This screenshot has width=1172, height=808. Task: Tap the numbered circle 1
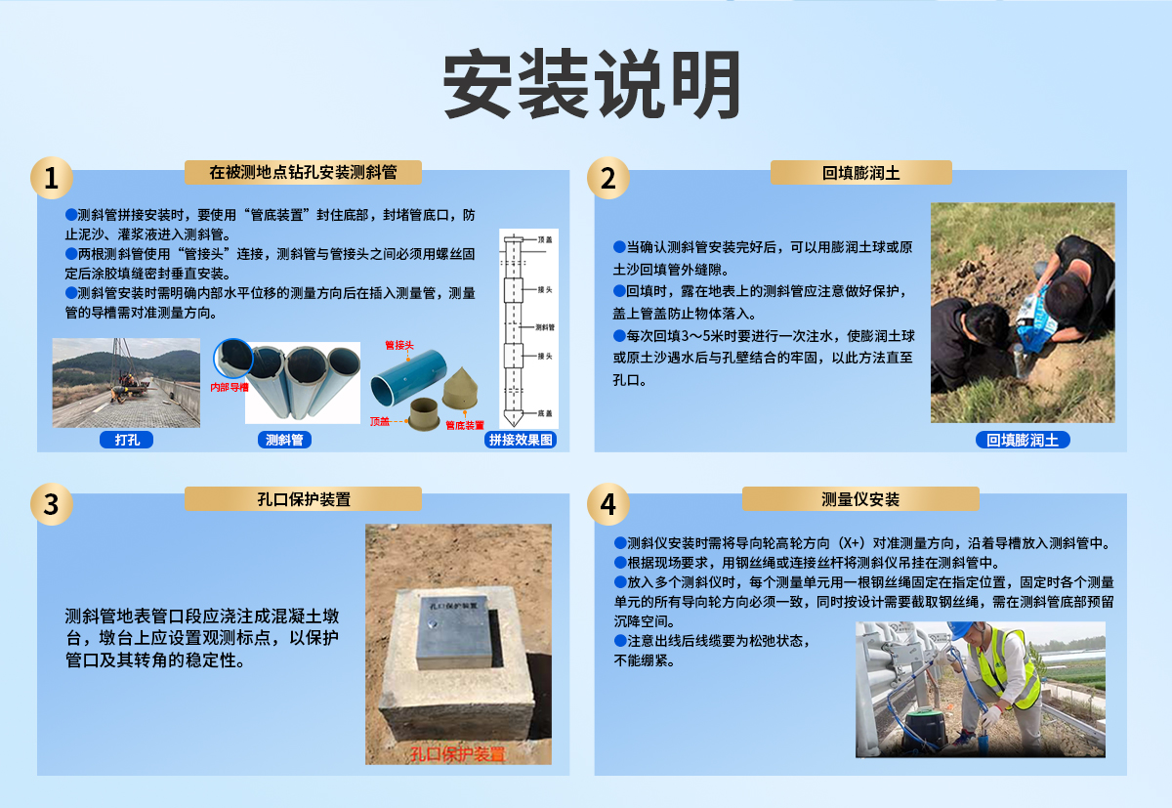point(51,179)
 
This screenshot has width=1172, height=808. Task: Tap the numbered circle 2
point(607,179)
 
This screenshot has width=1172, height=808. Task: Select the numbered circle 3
point(51,504)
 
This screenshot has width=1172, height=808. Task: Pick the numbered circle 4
point(607,504)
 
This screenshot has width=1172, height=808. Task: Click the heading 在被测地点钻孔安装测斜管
point(303,173)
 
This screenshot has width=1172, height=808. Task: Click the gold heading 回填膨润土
point(860,173)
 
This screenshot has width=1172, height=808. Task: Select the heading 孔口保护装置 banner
point(303,499)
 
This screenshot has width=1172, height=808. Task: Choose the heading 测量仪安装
point(860,499)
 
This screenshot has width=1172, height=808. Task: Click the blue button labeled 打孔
point(126,440)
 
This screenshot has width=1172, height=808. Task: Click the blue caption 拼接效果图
point(521,440)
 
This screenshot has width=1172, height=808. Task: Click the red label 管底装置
point(465,425)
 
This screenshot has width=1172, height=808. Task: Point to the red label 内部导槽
point(230,387)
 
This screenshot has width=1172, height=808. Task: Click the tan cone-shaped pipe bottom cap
point(463,389)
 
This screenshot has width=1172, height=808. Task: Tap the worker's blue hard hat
point(960,630)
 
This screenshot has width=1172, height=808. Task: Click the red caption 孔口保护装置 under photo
point(458,753)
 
